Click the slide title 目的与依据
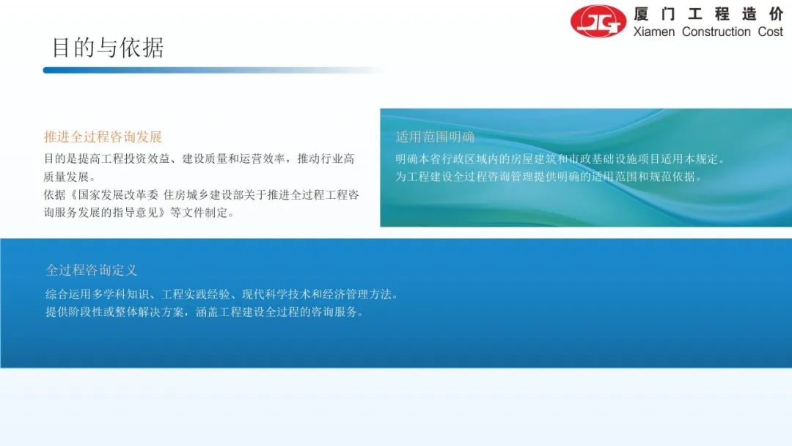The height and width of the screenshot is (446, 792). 108,48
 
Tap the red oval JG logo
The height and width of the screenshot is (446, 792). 598,21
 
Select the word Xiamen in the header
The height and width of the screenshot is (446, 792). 653,32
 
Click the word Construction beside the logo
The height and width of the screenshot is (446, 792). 716,32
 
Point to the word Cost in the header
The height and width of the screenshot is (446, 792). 770,32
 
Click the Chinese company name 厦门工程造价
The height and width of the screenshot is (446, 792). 708,14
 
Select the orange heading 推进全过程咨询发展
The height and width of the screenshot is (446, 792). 103,137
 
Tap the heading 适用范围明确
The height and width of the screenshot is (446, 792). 435,137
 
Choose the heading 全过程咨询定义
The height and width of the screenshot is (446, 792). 92,270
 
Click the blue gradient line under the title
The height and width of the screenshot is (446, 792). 215,70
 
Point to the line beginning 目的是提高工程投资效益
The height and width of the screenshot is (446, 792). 199,159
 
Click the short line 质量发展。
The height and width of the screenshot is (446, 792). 70,177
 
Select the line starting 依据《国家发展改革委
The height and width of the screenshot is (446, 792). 201,195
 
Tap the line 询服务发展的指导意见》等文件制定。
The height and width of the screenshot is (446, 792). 139,213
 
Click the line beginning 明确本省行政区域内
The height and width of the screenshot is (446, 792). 561,159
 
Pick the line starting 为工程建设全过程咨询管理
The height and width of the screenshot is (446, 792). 549,177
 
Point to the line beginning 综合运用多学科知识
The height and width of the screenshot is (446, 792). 222,294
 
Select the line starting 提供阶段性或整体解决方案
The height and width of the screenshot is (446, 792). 205,312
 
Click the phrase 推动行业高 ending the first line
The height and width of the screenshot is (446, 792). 326,159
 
